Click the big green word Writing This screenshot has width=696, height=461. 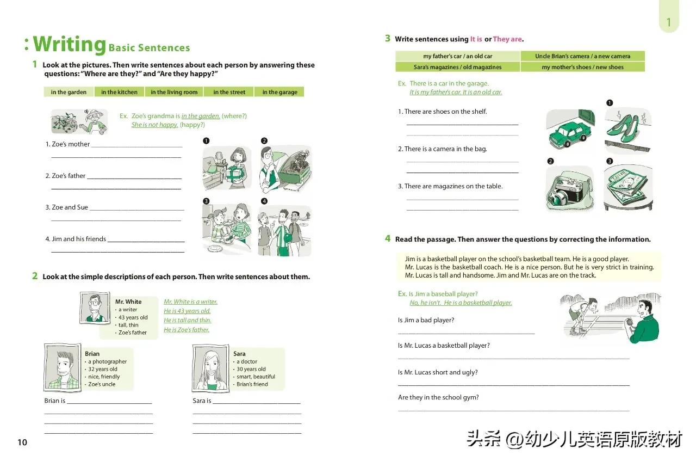(69, 44)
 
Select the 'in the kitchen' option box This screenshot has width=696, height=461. (119, 92)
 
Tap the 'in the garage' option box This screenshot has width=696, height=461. (279, 92)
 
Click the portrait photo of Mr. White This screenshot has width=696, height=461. (94, 308)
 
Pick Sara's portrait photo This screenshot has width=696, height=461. (210, 367)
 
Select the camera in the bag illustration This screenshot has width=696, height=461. (569, 188)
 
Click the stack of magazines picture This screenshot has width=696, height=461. (627, 188)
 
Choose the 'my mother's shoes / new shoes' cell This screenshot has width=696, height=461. (582, 67)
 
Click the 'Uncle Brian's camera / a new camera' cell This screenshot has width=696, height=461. (582, 56)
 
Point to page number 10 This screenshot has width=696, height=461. (22, 442)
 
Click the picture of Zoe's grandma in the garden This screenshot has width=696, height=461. (79, 121)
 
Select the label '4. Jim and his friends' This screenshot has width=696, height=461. (76, 239)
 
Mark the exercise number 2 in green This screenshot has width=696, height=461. (35, 276)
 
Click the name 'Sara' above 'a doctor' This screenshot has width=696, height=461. (239, 354)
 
